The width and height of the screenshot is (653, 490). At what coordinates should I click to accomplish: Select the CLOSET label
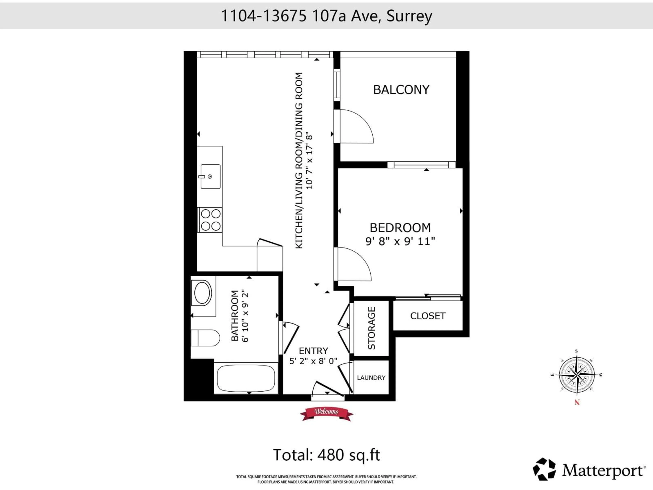coord(428,316)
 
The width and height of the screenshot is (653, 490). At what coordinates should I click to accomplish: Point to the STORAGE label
coord(371,328)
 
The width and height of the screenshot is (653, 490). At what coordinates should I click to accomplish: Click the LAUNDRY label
coord(371,378)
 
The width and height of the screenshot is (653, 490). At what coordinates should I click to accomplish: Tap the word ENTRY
coord(313,351)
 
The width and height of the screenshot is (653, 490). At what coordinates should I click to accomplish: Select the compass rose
coord(577,375)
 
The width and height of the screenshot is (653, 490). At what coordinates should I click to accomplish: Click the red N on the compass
coord(577,402)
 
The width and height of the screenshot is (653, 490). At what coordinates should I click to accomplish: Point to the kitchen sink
coord(210,177)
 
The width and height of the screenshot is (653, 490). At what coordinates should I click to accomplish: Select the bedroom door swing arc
coord(354,264)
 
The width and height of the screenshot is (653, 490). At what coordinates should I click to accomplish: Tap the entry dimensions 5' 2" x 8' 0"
coord(313,361)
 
